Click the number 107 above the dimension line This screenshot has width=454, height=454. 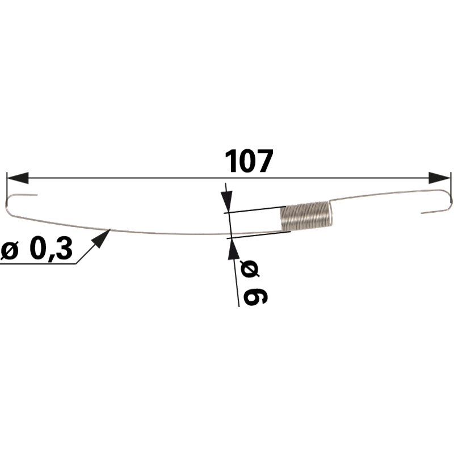249,161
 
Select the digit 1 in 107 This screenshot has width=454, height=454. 231,162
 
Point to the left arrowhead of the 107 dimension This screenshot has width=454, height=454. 18,178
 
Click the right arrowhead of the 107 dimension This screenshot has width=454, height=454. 439,178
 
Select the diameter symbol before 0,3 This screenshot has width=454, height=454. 9,250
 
